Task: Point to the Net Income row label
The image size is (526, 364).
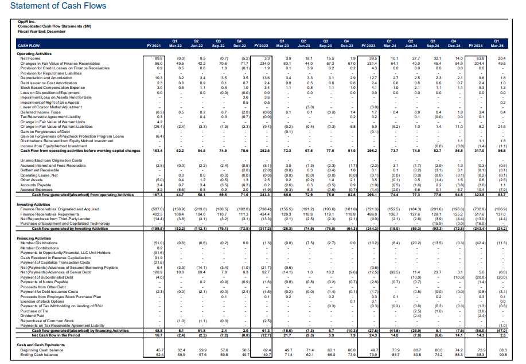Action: pyautogui.click(x=31, y=58)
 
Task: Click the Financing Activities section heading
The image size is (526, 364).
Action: pyautogui.click(x=35, y=237)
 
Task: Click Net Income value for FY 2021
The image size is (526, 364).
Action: pyautogui.click(x=159, y=58)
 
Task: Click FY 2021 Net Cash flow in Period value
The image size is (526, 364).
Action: pyautogui.click(x=159, y=334)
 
